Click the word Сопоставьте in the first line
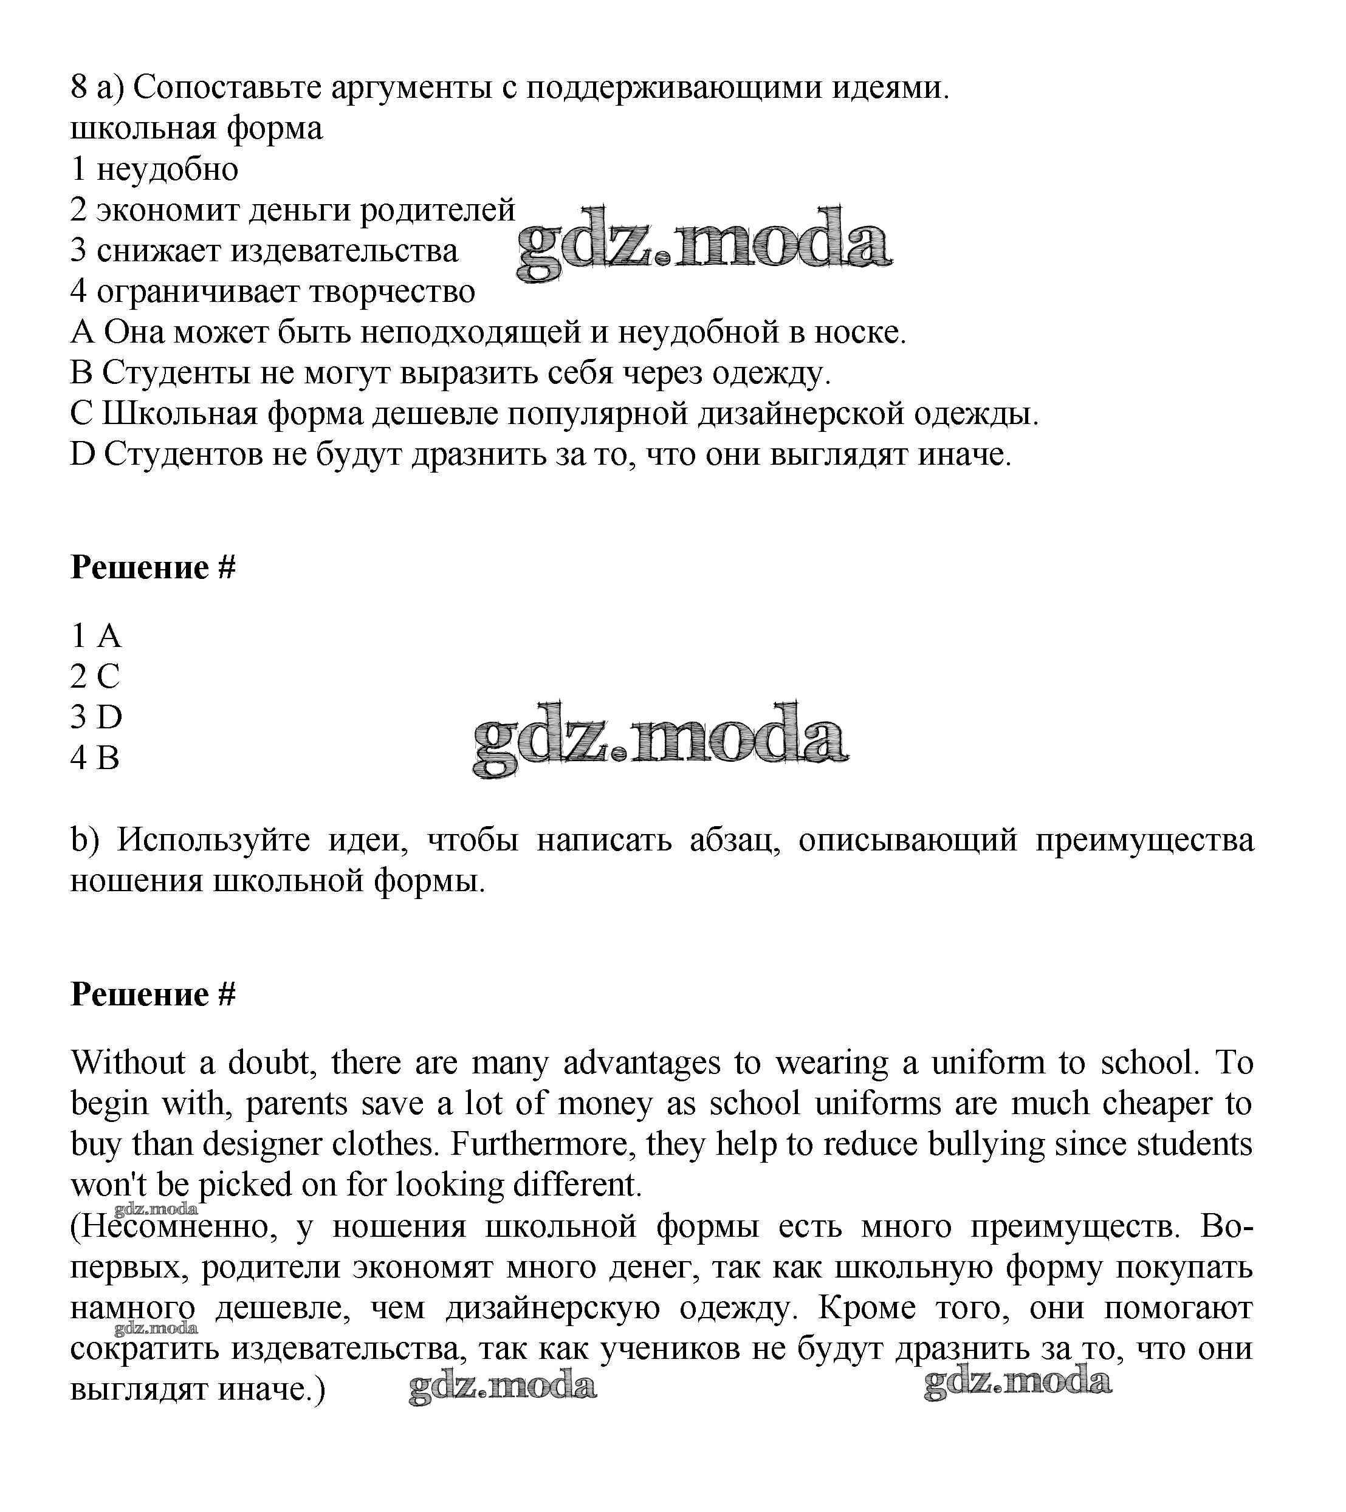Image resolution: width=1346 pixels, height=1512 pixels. [x=228, y=88]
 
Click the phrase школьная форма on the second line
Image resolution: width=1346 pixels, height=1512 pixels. [x=196, y=129]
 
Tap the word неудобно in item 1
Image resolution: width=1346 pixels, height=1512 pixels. [x=167, y=169]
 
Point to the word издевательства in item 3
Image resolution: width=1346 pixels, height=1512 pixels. [x=344, y=251]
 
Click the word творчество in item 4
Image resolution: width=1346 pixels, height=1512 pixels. [x=391, y=292]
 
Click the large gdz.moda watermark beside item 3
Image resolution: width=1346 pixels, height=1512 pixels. [x=704, y=244]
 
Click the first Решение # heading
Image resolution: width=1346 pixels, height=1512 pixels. [x=153, y=567]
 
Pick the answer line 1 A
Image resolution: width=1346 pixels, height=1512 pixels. [x=95, y=635]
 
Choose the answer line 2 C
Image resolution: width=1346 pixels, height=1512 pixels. [x=95, y=676]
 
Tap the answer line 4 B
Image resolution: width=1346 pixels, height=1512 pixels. [x=95, y=758]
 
